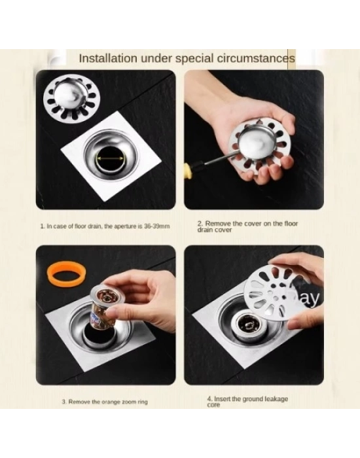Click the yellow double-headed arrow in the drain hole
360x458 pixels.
point(111,158)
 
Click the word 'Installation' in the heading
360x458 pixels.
point(108,59)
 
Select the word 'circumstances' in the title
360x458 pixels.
point(256,58)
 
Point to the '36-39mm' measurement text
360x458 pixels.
point(157,226)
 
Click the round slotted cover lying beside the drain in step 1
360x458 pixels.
point(72,97)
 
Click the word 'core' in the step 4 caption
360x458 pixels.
point(213,405)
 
